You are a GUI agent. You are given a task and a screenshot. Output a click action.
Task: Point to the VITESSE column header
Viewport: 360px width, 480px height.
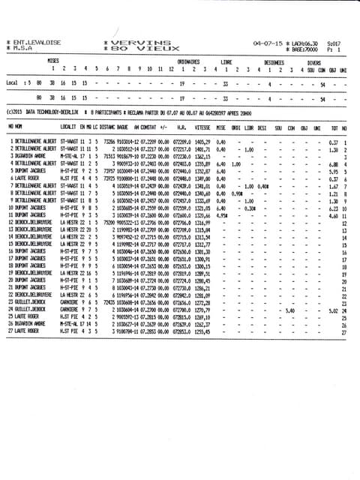(x=202, y=127)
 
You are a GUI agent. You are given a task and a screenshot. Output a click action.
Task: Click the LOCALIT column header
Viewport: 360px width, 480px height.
(x=70, y=127)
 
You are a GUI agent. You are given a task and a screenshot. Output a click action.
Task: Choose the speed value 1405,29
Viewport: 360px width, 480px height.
(x=202, y=141)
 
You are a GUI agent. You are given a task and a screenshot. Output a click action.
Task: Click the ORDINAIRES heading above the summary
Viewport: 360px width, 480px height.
(x=188, y=62)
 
